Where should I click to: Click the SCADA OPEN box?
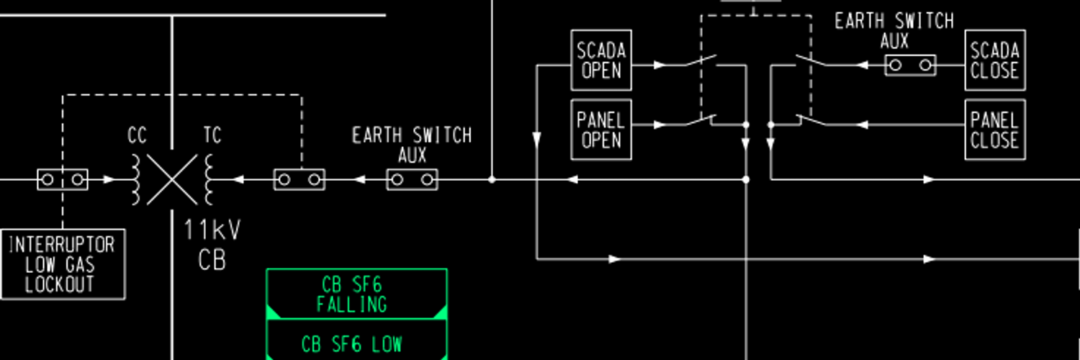coord(601,60)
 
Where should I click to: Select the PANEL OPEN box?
coord(601,130)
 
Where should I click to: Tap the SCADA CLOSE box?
coord(994,60)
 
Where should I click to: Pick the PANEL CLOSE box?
coord(994,130)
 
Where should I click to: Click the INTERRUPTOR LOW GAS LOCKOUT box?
coord(63,264)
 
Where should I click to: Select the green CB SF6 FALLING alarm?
coord(356,294)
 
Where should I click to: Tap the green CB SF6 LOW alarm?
coord(356,343)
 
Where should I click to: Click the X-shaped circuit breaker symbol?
coord(172,179)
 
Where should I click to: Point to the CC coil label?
coord(138,135)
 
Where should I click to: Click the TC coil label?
coord(212,135)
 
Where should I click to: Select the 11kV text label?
coord(212,230)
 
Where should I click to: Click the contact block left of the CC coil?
coord(63,179)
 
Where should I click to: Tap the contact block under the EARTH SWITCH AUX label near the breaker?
coord(413,179)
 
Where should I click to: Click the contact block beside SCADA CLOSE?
coord(910,66)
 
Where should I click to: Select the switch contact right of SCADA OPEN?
coord(698,62)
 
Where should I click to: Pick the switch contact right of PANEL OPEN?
coord(698,122)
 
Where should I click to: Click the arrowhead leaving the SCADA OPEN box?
coord(660,65)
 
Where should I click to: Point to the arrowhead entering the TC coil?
coord(237,179)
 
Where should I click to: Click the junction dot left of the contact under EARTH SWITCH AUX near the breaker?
coord(492,179)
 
